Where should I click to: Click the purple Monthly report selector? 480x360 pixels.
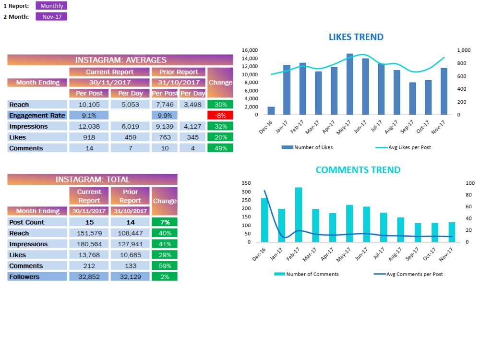tap(51, 6)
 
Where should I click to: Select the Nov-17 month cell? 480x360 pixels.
tap(51, 16)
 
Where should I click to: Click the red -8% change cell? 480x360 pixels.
tap(220, 115)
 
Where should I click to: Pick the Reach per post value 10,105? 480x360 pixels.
tap(89, 105)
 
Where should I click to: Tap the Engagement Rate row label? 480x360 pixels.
tap(37, 115)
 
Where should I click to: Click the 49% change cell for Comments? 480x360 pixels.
tap(220, 148)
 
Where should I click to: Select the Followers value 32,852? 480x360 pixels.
tap(89, 276)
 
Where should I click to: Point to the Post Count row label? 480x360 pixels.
tap(37, 222)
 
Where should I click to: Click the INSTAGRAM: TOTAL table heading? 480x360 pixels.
tap(92, 180)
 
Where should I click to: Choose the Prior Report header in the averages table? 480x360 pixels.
tap(179, 72)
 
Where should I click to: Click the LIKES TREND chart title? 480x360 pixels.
tap(356, 37)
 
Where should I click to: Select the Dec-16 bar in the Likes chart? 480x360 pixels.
tap(271, 111)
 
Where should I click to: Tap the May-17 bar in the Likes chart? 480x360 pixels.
tap(350, 84)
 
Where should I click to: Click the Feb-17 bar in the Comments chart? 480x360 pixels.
tap(299, 215)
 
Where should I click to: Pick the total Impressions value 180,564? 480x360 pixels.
tap(89, 244)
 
